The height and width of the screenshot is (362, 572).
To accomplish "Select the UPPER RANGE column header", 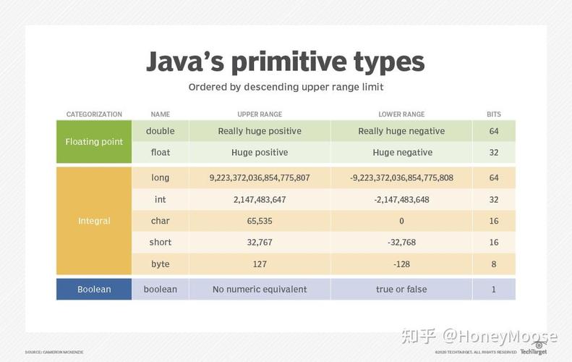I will pos(260,114).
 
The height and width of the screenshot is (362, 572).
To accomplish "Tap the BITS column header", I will pos(493,114).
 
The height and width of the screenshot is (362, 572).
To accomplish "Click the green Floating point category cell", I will pos(94,142).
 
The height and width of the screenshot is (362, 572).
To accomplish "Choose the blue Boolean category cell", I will pos(94,289).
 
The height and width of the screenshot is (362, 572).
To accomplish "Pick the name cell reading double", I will pos(160,131).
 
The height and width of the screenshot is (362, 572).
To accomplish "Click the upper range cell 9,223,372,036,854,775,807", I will pos(260,177).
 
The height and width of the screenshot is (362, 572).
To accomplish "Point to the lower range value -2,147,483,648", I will pos(402,199).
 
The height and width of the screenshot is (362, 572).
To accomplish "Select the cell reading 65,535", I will pos(260,221).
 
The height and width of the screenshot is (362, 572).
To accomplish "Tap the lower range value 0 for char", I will pos(402,221).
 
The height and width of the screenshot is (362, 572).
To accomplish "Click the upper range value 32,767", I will pos(260,243).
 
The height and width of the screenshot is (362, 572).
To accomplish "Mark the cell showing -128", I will pos(402,264).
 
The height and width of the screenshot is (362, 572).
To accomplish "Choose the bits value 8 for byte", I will pos(493,264).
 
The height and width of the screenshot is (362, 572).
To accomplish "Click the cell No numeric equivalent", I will pos(260,289).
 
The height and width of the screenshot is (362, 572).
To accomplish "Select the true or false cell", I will pos(402,289).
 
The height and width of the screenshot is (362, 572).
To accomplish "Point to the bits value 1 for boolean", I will pos(493,289).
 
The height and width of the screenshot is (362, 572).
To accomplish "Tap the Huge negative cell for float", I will pos(402,153).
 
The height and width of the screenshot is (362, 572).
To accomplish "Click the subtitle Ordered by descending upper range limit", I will pos(286,87).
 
